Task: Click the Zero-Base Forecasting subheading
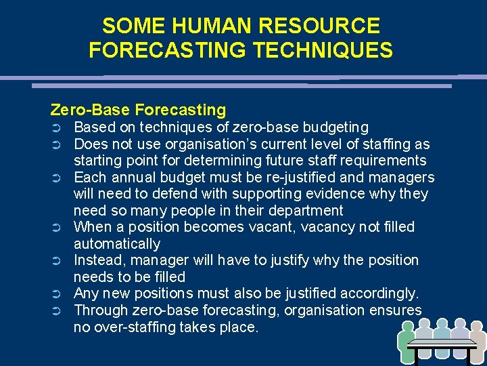(x=138, y=109)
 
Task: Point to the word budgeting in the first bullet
(x=336, y=127)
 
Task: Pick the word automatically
(x=117, y=243)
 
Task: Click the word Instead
(x=97, y=260)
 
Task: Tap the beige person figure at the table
(x=476, y=342)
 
